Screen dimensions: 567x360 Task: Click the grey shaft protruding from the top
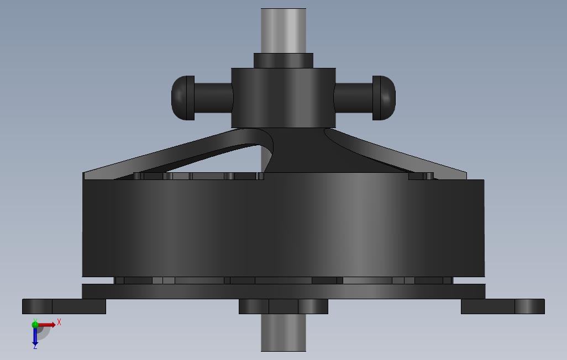(283, 31)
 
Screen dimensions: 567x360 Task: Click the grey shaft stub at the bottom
(283, 332)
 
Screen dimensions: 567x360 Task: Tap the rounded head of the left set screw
(183, 98)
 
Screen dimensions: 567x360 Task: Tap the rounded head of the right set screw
(384, 98)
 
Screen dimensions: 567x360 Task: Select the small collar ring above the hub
(283, 60)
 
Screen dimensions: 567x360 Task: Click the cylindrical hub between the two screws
(283, 98)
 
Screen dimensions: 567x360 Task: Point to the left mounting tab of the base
(64, 306)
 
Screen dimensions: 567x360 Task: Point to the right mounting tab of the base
(503, 306)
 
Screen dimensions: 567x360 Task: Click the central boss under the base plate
(283, 306)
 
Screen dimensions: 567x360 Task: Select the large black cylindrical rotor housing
(283, 227)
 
